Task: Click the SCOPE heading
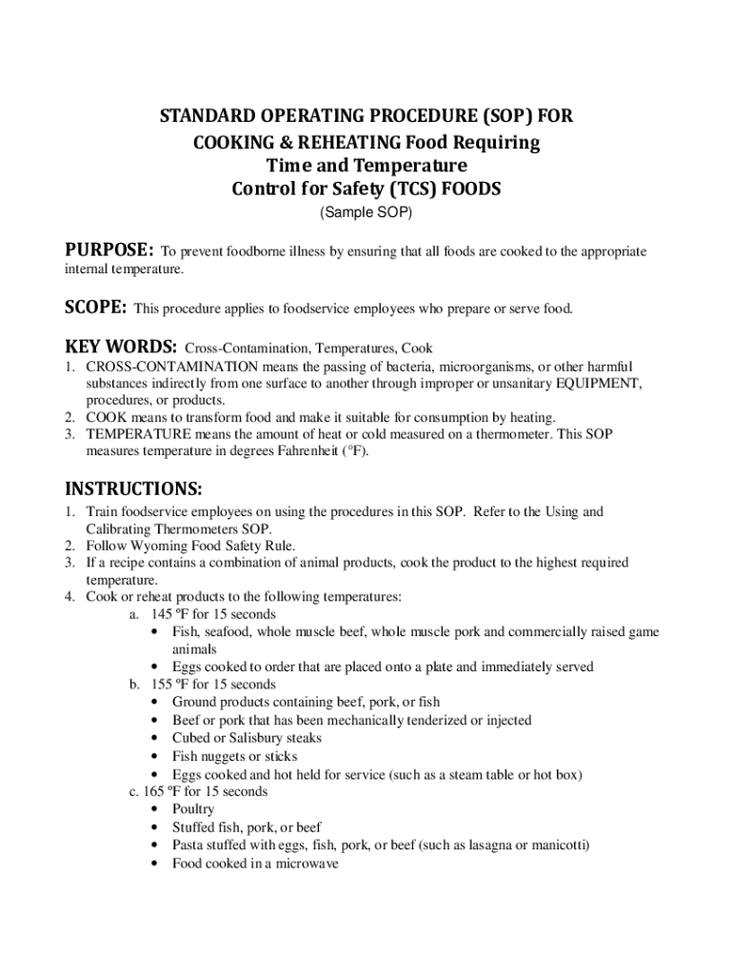click(95, 308)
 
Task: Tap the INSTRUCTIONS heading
click(133, 489)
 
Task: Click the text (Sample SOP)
click(366, 213)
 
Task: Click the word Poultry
click(193, 809)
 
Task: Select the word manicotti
click(558, 845)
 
